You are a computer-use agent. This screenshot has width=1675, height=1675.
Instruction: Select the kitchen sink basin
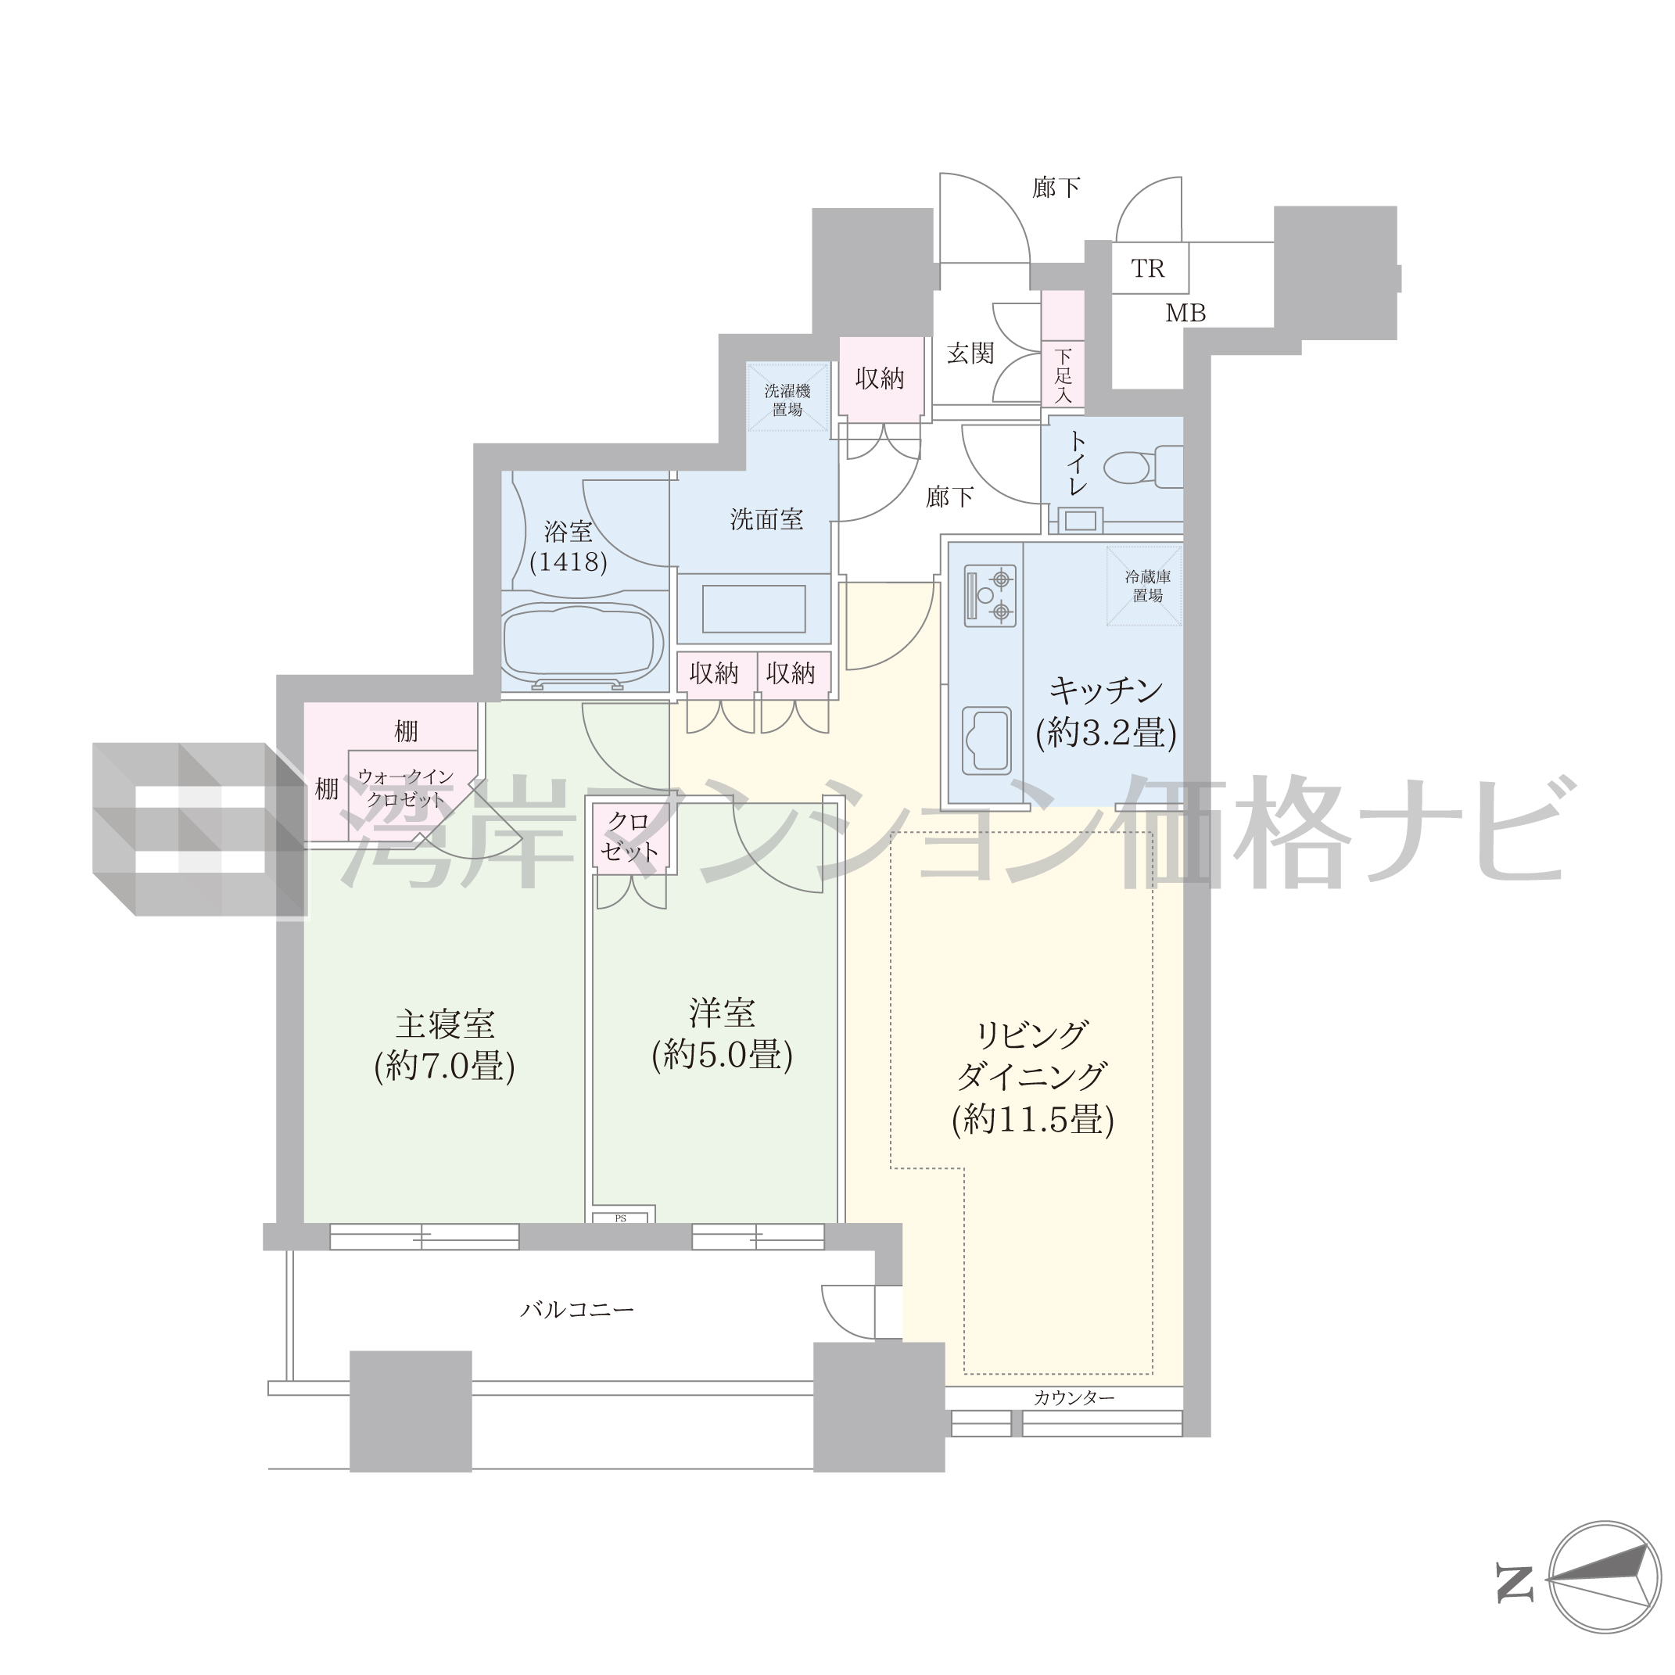987,739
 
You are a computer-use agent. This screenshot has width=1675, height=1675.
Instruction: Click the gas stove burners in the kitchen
991,596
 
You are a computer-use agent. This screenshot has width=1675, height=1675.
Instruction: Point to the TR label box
1150,269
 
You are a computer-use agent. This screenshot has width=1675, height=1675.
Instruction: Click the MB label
1185,313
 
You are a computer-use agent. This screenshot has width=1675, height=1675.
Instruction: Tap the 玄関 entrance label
970,353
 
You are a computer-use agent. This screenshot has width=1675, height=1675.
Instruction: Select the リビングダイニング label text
1031,1056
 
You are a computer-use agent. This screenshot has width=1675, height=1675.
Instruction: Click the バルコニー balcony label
577,1309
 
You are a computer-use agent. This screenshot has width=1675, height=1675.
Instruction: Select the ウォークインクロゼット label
406,788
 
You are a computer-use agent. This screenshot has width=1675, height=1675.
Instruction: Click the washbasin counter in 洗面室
753,608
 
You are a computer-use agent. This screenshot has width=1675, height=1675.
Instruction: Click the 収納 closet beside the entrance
880,378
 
